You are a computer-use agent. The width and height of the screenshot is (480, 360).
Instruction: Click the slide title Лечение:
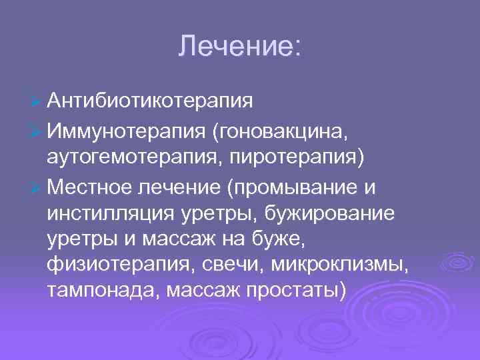[x=240, y=46]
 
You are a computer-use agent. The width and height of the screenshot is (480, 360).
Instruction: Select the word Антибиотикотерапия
[x=151, y=101]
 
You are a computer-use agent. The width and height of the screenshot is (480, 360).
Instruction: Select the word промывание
[x=291, y=189]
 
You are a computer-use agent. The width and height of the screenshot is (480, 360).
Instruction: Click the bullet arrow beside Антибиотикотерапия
[x=37, y=101]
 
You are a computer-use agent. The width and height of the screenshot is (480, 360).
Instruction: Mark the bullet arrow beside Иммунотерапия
[x=37, y=132]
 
